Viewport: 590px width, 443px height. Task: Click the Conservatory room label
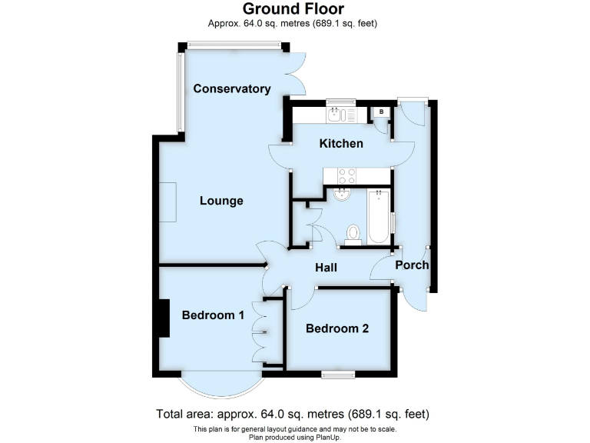click(x=232, y=88)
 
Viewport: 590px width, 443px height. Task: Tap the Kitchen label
click(x=341, y=143)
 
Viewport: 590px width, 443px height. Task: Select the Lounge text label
click(x=221, y=201)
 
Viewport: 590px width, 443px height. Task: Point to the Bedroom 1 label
click(x=213, y=315)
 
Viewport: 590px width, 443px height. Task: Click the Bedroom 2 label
click(x=337, y=328)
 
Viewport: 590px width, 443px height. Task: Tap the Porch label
click(x=411, y=265)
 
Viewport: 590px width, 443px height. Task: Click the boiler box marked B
click(x=381, y=112)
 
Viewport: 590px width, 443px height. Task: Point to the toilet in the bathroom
click(x=353, y=232)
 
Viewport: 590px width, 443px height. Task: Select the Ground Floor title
click(x=293, y=9)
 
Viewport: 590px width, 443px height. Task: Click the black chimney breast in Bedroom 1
click(x=163, y=318)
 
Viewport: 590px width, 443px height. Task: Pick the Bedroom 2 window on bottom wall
click(x=338, y=375)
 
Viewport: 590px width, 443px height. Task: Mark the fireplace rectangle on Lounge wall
click(x=168, y=202)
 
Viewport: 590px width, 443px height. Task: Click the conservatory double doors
click(x=298, y=75)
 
